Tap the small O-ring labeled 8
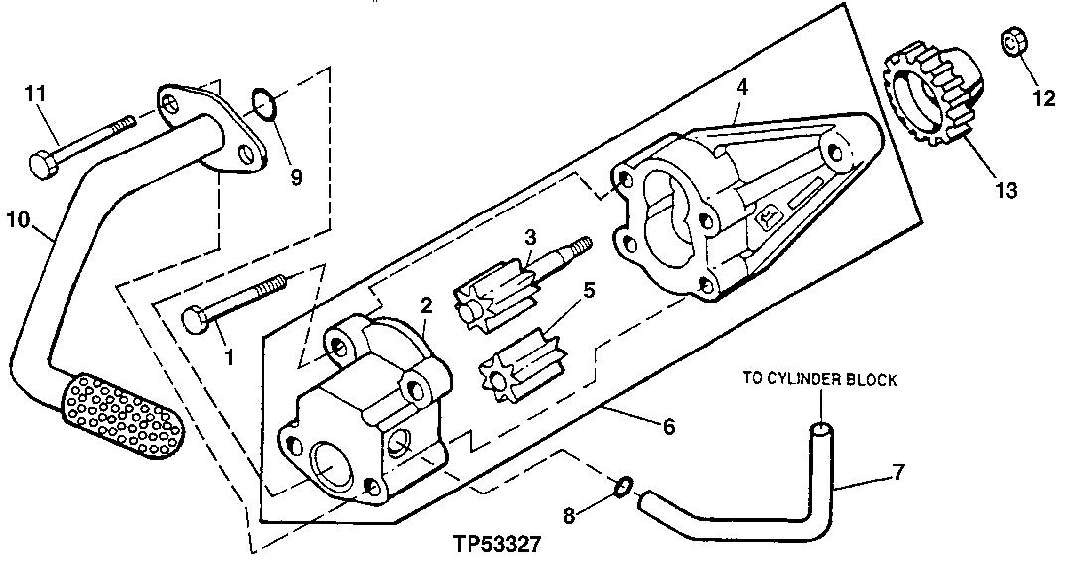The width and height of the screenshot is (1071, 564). click(x=622, y=486)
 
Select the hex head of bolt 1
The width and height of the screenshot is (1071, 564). click(x=193, y=321)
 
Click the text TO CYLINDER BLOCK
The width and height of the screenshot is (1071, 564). click(x=821, y=380)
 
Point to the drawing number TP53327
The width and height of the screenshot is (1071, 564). click(x=496, y=545)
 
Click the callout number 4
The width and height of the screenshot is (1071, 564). click(x=741, y=87)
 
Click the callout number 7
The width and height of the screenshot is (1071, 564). click(x=898, y=472)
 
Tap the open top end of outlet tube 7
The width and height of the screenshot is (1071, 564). click(x=820, y=427)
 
